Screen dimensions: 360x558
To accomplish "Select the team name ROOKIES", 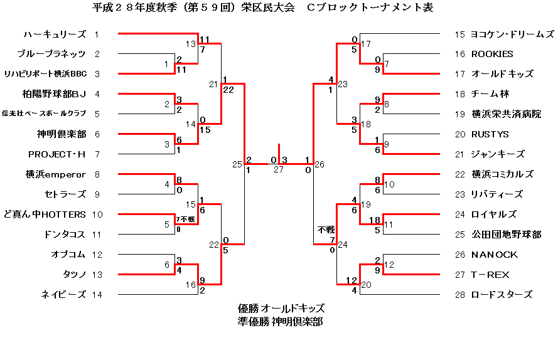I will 492,54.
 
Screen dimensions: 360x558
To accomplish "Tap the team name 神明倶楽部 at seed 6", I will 61,134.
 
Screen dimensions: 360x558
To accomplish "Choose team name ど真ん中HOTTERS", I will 45,214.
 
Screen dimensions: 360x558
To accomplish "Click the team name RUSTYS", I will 490,134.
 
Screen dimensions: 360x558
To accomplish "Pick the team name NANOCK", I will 495,255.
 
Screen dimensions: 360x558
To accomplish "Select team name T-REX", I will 490,275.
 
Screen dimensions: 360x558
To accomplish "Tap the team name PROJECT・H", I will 57,154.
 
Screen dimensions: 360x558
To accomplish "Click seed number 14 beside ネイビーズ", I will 97,295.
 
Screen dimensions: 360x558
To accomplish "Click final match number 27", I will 279,169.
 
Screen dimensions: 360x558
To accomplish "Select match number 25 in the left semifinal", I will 237,164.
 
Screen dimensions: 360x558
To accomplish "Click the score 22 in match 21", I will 228,90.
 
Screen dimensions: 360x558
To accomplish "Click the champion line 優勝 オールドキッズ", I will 281,309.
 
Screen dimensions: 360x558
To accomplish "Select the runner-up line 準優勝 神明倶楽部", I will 281,321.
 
